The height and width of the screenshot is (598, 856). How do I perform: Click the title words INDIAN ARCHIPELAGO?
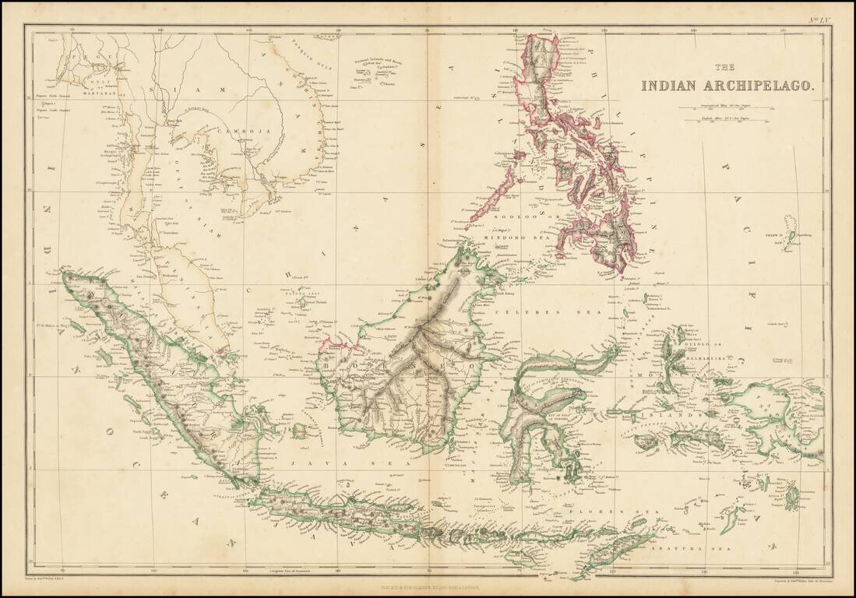728,86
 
